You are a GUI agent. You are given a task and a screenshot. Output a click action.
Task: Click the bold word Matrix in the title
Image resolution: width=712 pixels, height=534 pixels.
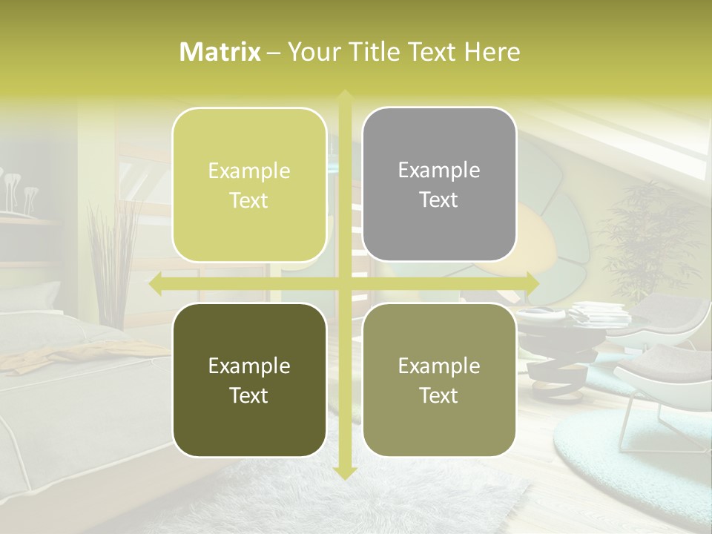(220, 52)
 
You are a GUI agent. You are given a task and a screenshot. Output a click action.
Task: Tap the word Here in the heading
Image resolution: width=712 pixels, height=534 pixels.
(492, 52)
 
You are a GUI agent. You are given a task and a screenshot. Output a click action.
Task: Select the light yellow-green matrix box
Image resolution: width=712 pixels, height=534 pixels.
(249, 185)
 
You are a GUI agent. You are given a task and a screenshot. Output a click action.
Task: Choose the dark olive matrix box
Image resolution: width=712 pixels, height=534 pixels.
(249, 380)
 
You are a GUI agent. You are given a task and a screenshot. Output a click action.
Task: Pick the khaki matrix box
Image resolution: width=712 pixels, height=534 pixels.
(439, 380)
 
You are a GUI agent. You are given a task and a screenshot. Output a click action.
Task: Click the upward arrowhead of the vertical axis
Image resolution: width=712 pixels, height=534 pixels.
(344, 95)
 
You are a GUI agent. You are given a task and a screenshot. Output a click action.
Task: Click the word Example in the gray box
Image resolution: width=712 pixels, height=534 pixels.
(439, 170)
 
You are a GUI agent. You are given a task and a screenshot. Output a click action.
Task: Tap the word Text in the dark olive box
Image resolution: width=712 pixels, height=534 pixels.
(249, 395)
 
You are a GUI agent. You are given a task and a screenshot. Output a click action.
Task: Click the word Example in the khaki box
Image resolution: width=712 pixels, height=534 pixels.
(439, 366)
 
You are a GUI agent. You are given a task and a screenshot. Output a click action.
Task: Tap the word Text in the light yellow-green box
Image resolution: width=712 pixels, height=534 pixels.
(249, 200)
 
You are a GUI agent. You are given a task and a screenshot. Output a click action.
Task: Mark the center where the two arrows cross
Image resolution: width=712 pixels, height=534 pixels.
(344, 284)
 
